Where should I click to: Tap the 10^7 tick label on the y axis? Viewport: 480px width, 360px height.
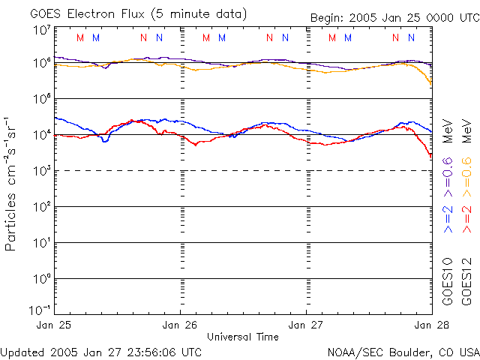coord(42,30)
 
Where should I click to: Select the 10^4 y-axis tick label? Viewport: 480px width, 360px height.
coord(42,135)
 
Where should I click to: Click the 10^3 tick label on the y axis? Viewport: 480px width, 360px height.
coord(42,171)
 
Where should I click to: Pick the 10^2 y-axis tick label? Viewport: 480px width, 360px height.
coord(42,207)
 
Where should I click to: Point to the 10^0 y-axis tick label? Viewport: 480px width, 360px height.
coord(42,279)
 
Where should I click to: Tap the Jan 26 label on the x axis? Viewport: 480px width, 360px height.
coord(181,325)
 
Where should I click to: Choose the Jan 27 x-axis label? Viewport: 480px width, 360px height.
coord(306,325)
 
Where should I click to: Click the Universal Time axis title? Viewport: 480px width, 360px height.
coord(243,337)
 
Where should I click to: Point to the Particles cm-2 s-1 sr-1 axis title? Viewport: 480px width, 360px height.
coord(13,183)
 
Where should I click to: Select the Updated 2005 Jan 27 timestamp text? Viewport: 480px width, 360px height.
coord(101,351)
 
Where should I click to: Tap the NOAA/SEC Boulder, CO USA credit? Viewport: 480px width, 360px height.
coord(403,351)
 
